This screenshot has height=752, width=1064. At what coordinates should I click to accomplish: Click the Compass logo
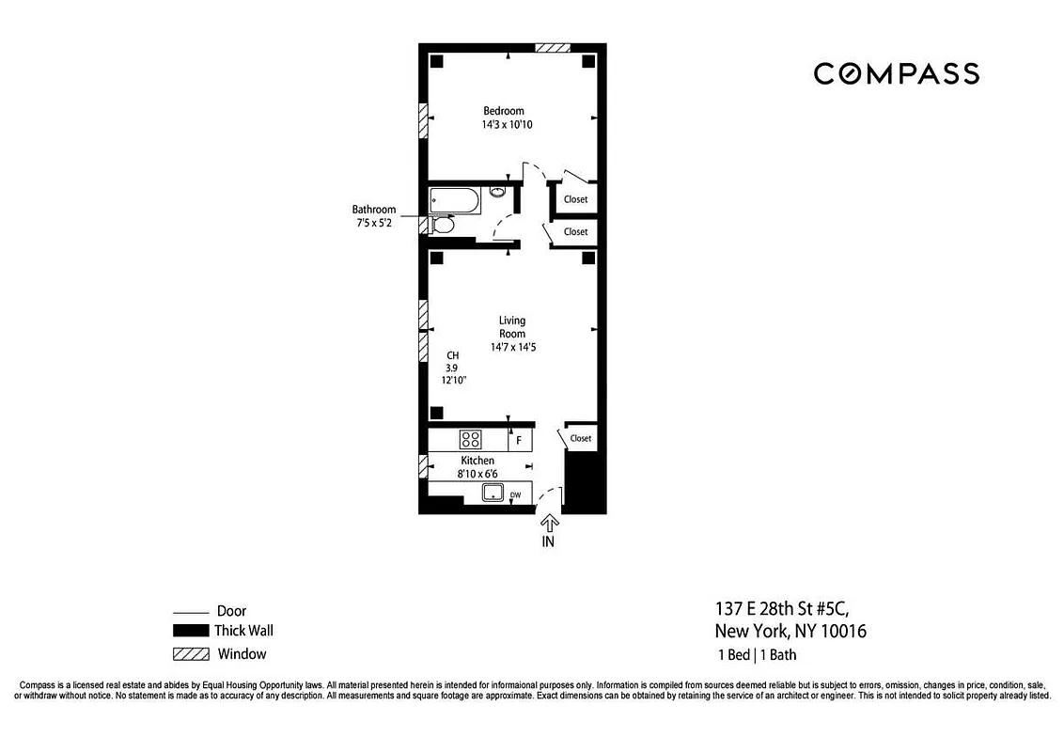[x=896, y=73]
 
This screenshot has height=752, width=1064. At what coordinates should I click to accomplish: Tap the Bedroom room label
[x=504, y=111]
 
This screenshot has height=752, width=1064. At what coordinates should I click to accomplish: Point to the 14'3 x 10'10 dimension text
[x=509, y=124]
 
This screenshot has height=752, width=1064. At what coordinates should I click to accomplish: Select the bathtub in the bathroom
[x=455, y=199]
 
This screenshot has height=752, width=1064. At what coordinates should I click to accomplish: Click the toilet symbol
[x=443, y=225]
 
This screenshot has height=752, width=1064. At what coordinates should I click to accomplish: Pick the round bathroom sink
[x=498, y=193]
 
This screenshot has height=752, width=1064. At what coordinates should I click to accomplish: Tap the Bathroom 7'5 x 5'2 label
[x=374, y=216]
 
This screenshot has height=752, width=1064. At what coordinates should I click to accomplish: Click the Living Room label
[x=512, y=327]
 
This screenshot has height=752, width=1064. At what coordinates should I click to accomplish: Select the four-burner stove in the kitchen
[x=469, y=439]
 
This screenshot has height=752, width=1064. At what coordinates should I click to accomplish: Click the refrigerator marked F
[x=519, y=439]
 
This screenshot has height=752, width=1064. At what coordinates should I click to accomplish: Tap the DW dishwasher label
[x=515, y=494]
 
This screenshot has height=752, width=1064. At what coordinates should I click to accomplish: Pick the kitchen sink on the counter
[x=490, y=493]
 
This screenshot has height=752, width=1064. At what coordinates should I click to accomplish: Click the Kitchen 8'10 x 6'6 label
[x=477, y=467]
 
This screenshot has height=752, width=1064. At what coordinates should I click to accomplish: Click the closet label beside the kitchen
[x=580, y=438]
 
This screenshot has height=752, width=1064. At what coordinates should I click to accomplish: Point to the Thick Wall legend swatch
[x=191, y=632]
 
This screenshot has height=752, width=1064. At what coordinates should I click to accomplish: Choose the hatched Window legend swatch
[x=191, y=654]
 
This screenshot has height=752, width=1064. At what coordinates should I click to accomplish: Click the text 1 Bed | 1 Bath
[x=758, y=653]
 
